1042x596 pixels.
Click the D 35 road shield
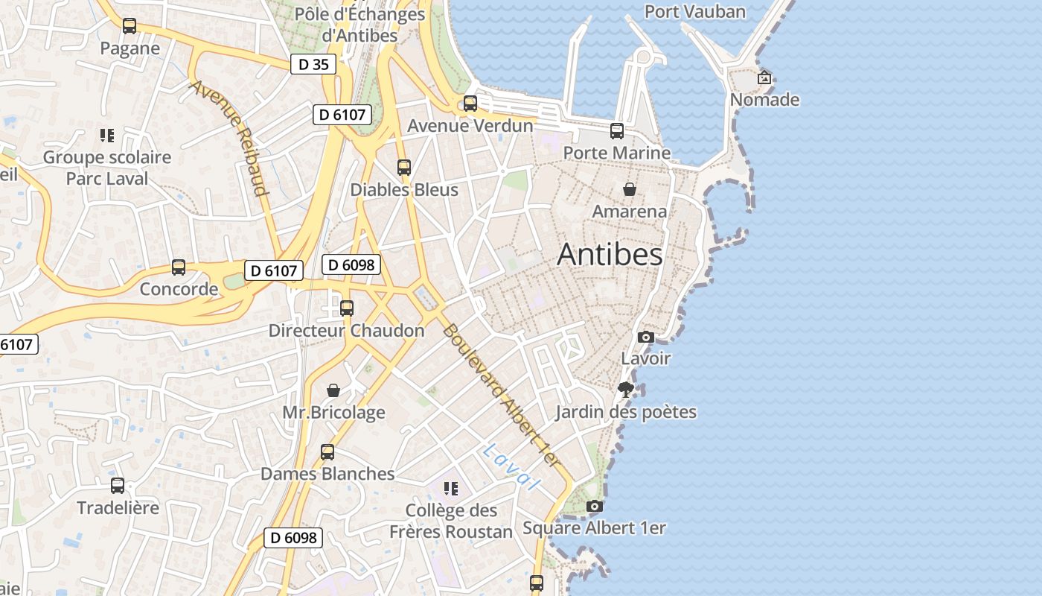[x=313, y=64]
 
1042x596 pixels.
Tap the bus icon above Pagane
[x=130, y=26]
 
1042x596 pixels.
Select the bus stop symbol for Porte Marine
[x=617, y=131]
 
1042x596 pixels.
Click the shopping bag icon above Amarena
[x=630, y=189]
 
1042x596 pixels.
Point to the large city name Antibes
[x=610, y=255]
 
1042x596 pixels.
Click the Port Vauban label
[x=694, y=11]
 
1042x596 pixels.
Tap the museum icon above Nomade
[x=764, y=77]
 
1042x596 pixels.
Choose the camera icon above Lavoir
[x=646, y=337]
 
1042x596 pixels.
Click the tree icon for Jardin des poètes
[x=626, y=389]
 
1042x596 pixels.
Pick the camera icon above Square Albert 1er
[x=594, y=507]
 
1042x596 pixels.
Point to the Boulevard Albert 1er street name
[x=500, y=394]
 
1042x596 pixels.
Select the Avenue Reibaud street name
[x=228, y=138]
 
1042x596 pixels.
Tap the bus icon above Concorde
[x=179, y=267]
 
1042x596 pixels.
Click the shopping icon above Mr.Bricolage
[x=333, y=390]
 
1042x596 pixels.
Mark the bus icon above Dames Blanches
[x=327, y=451]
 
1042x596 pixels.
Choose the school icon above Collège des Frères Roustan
[x=450, y=489]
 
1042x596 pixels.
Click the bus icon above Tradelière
[x=118, y=486]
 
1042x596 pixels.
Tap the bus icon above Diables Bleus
[x=404, y=168]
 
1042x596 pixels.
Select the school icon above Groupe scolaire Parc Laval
[x=106, y=136]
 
